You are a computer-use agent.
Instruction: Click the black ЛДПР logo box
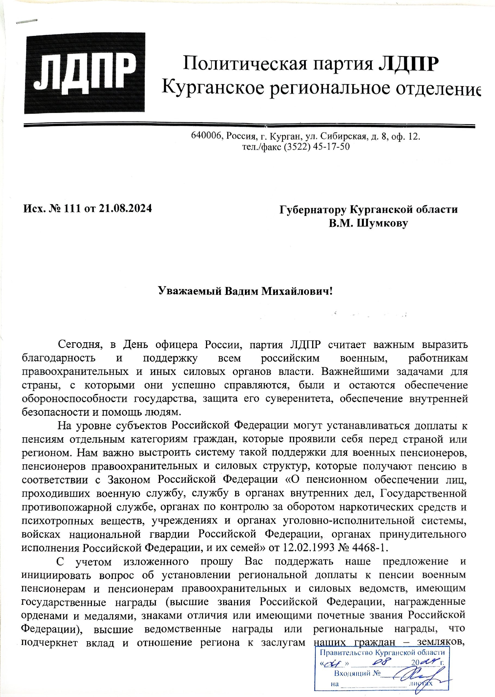pyautogui.click(x=84, y=73)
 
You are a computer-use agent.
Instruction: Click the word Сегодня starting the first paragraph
pyautogui.click(x=78, y=345)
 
